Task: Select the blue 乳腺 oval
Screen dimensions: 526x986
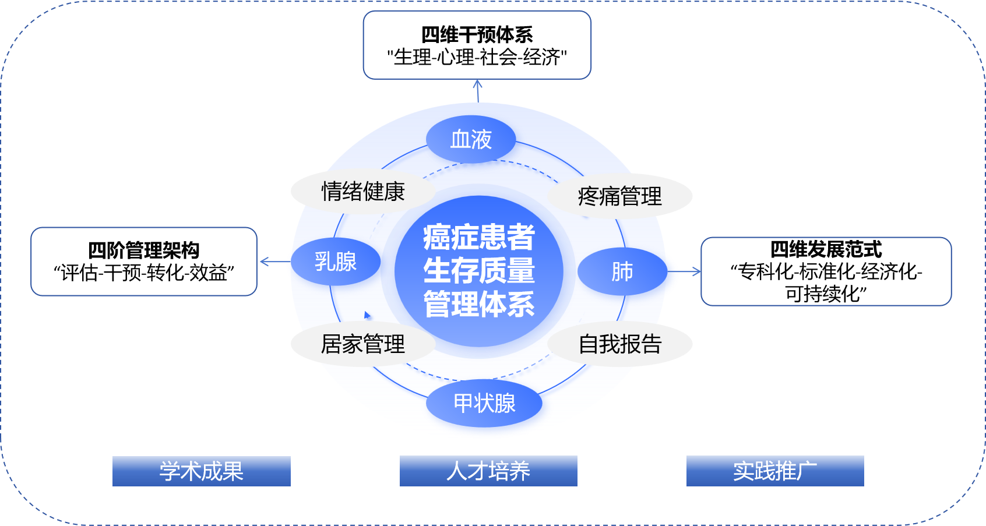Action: (x=336, y=262)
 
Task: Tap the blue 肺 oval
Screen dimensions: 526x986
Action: (x=622, y=271)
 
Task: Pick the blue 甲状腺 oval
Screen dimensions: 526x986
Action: (x=484, y=403)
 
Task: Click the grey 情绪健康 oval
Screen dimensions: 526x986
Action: (x=363, y=192)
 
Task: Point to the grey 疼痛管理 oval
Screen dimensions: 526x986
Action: (x=619, y=196)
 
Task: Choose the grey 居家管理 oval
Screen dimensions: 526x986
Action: (x=363, y=344)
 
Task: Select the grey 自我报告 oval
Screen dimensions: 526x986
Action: (x=619, y=344)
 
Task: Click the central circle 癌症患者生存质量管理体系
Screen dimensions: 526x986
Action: (x=479, y=271)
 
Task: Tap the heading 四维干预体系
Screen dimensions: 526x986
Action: (x=477, y=35)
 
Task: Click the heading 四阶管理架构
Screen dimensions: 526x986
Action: (x=143, y=250)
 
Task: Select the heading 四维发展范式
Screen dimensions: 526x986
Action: (x=826, y=249)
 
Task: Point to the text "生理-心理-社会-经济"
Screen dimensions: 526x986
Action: (x=477, y=57)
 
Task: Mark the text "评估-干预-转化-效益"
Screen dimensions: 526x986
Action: (x=143, y=273)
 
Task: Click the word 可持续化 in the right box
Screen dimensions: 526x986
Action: (x=826, y=294)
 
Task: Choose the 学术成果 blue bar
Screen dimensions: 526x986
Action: (x=201, y=471)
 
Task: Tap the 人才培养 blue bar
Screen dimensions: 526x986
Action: (x=488, y=471)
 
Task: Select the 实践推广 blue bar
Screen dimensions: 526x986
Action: (x=775, y=471)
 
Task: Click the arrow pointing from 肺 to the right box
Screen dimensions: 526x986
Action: (x=684, y=271)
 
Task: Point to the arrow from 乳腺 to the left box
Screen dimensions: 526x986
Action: (x=274, y=262)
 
